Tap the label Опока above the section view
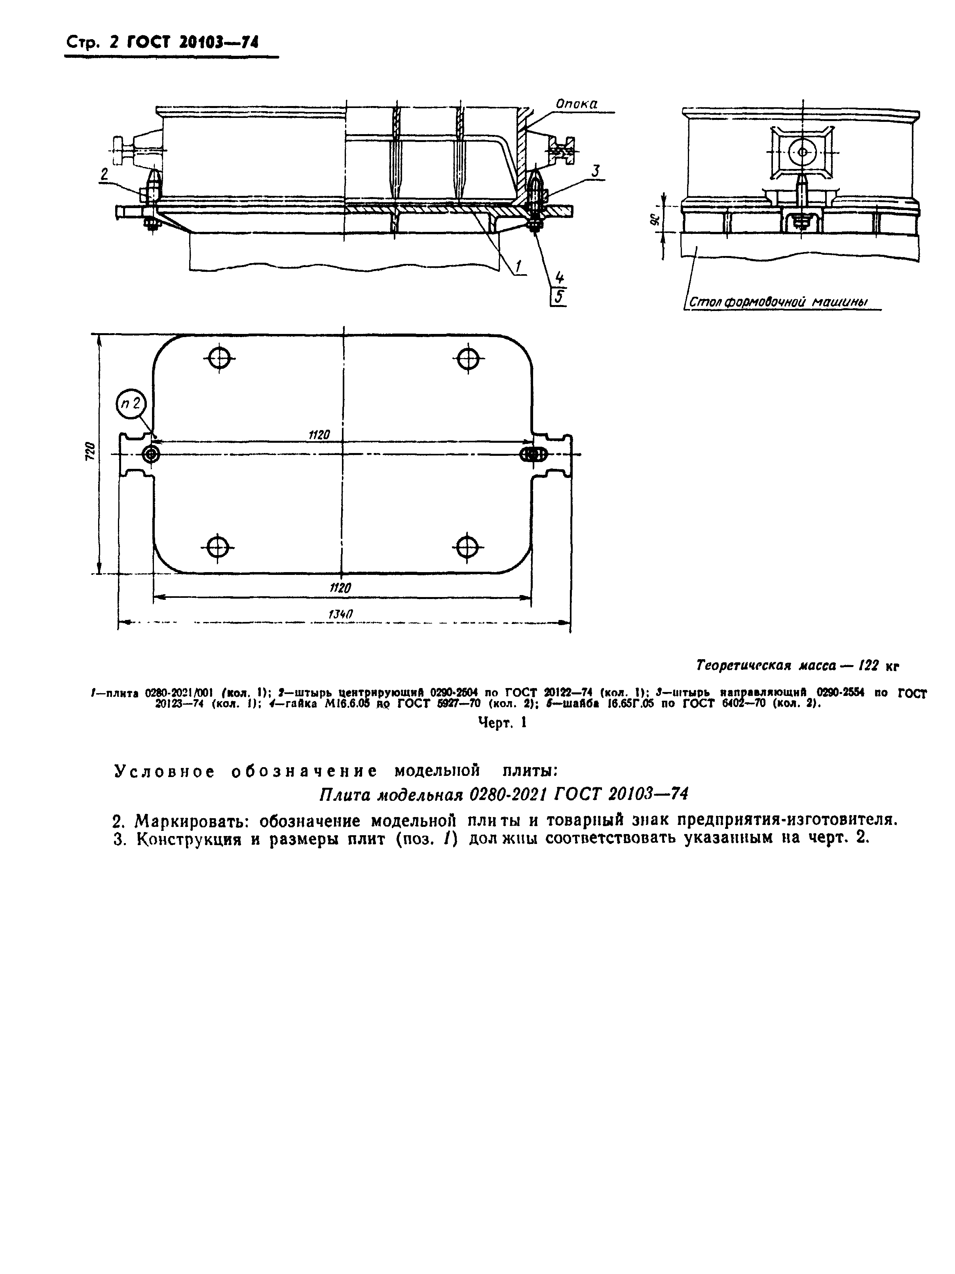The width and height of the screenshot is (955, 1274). coord(575,104)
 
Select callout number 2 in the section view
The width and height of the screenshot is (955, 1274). coord(104,174)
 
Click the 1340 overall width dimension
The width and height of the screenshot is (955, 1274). coord(340,614)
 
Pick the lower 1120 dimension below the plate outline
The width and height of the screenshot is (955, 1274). coord(340,588)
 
